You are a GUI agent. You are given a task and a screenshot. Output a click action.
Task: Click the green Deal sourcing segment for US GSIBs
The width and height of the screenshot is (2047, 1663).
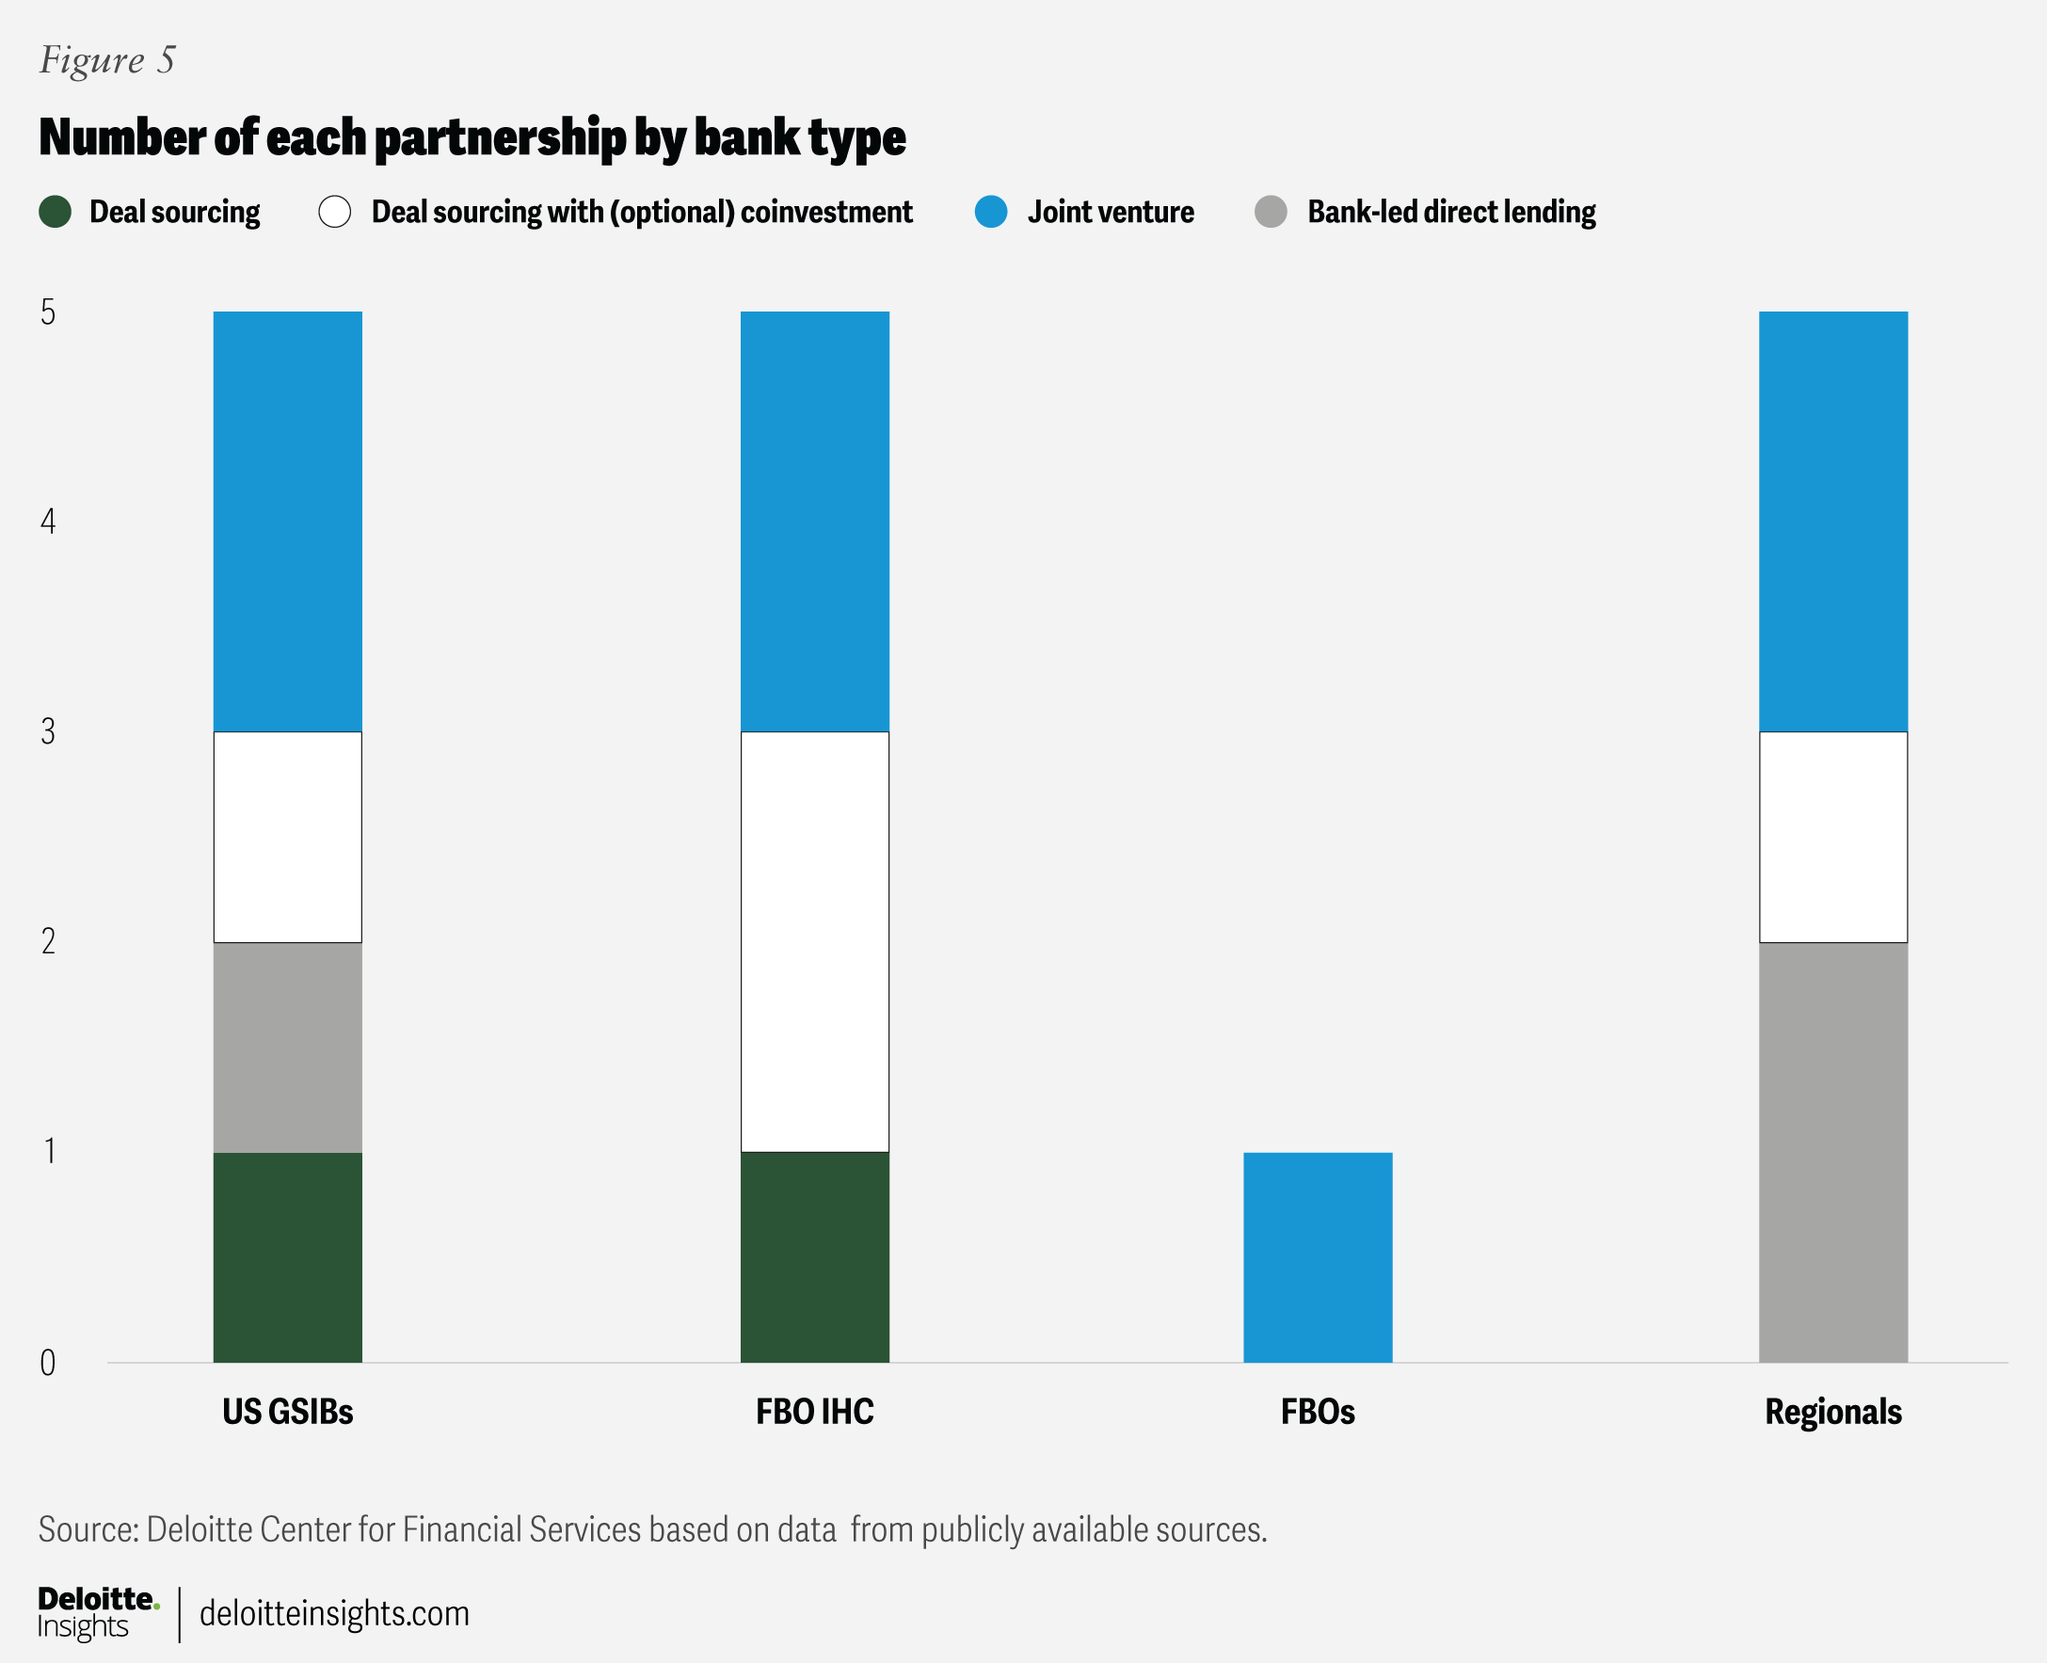[287, 1256]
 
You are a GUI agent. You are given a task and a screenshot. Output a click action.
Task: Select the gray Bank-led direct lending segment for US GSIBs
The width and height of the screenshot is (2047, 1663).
[287, 1047]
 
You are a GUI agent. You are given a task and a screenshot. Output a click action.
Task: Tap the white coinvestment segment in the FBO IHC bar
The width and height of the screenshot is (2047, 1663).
[814, 942]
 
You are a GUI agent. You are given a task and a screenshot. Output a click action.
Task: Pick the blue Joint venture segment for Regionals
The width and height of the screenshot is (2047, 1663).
[1832, 521]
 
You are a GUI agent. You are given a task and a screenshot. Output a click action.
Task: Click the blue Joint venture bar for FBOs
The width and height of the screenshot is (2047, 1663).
[1317, 1256]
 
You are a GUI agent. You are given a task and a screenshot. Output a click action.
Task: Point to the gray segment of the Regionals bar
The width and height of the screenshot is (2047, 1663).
[1832, 1152]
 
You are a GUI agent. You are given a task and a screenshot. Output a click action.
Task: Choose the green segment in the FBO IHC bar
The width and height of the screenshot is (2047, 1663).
[814, 1256]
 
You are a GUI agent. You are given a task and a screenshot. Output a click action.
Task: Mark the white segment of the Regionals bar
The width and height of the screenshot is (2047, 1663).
[1832, 838]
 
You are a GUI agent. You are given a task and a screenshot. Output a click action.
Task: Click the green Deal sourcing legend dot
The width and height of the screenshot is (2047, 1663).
[56, 212]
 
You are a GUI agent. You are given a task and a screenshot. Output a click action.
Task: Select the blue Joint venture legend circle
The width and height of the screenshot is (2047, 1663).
[990, 212]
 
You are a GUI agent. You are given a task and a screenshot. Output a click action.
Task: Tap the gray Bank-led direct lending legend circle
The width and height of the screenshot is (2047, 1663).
[1271, 212]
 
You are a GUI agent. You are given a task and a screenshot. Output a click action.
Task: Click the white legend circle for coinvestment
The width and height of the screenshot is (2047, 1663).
[335, 212]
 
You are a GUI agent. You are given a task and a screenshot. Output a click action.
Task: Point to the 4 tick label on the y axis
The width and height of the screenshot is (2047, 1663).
[48, 521]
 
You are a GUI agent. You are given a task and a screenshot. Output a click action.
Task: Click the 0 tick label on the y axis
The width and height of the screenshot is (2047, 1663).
[48, 1362]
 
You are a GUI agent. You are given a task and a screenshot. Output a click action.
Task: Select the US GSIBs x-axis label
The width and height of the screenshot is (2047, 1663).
[287, 1412]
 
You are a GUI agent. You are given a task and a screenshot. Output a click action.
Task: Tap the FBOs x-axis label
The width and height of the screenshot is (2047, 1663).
[1317, 1412]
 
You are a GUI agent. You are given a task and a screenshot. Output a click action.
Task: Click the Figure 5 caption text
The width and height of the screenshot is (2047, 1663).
[107, 60]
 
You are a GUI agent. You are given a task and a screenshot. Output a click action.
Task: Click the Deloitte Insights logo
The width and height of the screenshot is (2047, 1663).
[96, 1612]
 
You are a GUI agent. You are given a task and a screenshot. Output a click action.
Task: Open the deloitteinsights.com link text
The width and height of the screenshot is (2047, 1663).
[334, 1613]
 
